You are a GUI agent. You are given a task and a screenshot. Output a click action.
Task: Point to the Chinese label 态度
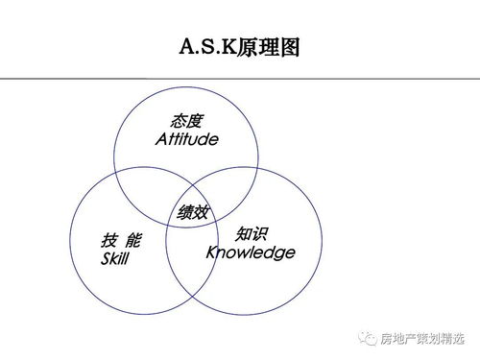pyautogui.click(x=187, y=122)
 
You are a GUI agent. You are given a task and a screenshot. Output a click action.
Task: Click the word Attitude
pyautogui.click(x=186, y=140)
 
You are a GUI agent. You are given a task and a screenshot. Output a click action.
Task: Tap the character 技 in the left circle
pyautogui.click(x=108, y=241)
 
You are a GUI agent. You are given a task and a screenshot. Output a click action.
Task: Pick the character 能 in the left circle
pyautogui.click(x=133, y=241)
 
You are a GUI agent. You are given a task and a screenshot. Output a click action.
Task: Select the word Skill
pyautogui.click(x=114, y=259)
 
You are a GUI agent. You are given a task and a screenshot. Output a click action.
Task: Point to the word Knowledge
pyautogui.click(x=251, y=252)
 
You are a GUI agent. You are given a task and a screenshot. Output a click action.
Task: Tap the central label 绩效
pyautogui.click(x=192, y=212)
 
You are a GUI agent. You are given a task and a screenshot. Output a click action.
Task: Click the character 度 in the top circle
pyautogui.click(x=197, y=122)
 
